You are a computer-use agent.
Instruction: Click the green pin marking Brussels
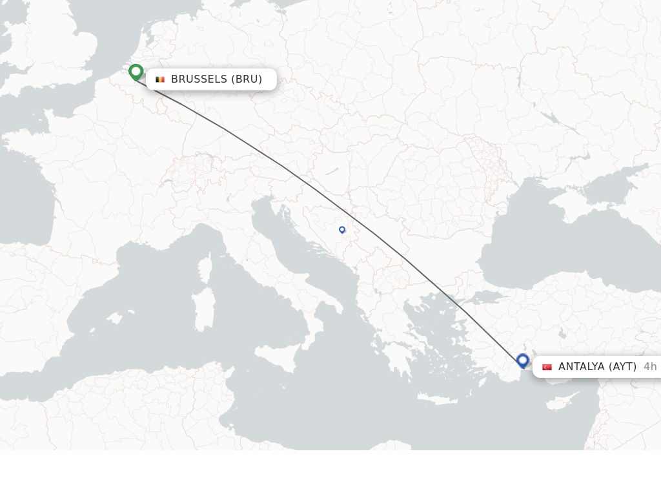pos(136,72)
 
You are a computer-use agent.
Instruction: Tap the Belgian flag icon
pos(160,79)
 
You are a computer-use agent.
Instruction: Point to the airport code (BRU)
pos(247,79)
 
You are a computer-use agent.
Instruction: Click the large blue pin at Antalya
pos(523,360)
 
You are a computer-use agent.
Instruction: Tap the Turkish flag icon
pos(547,367)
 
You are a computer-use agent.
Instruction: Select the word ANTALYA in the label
pos(581,367)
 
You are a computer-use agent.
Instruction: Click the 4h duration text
pos(650,367)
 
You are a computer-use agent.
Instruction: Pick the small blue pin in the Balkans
pos(342,229)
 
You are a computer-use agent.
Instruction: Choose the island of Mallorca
pos(115,319)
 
